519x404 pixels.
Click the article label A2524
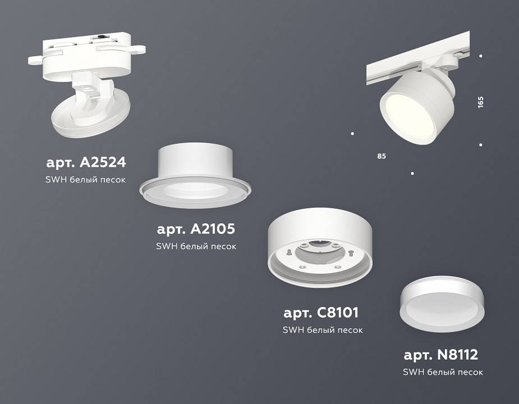coord(86,163)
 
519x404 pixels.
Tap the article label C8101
coord(321,313)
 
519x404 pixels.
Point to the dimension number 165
coord(480,102)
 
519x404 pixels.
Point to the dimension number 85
coord(382,155)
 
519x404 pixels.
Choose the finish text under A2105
coord(196,246)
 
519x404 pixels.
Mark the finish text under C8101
coord(322,330)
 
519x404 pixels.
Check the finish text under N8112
coord(443,371)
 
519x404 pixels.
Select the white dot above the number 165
coord(481,56)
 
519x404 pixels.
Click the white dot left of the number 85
coord(352,134)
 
